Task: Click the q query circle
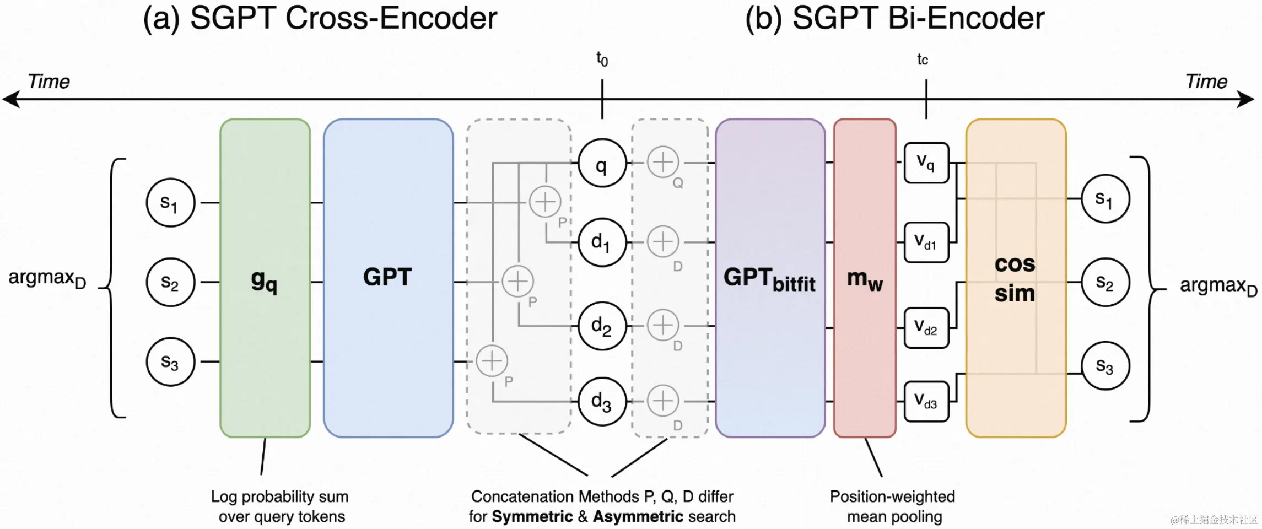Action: (602, 163)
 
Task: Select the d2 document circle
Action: (602, 326)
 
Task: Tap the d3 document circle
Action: (602, 401)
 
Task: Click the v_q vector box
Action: (926, 163)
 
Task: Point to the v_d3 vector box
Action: (926, 401)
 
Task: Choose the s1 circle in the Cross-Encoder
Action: (170, 203)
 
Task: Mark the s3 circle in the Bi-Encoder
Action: (1105, 366)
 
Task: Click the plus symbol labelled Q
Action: (662, 163)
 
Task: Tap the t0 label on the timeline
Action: (602, 58)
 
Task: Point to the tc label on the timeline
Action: (923, 60)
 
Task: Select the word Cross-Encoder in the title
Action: (391, 18)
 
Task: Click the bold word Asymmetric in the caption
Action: (638, 517)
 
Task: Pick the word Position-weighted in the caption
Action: (892, 496)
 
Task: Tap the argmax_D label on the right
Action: (1218, 286)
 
